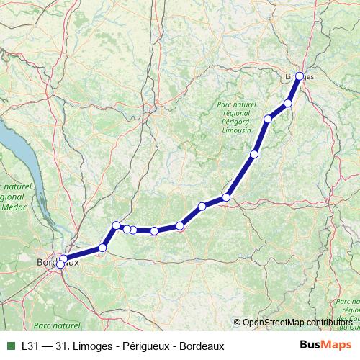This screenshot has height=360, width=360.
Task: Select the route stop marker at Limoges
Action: point(300,76)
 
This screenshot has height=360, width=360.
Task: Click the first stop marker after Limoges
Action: point(288,103)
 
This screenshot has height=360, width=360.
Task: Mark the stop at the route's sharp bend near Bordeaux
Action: point(116,225)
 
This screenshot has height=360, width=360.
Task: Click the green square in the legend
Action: point(10,346)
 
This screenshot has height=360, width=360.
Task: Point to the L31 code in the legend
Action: point(30,346)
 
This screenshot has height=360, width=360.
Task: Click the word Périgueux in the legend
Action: point(142,346)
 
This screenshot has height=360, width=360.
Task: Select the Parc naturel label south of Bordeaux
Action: point(56,326)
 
